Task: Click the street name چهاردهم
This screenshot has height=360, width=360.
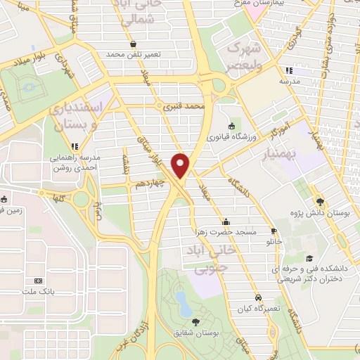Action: (150, 184)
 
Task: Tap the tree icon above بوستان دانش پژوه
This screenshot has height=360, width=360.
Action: (319, 200)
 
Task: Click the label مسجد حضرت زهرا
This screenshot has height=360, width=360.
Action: (226, 231)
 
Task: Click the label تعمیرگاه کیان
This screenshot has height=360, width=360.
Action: (259, 308)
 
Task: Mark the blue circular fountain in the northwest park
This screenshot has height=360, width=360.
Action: (30, 89)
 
